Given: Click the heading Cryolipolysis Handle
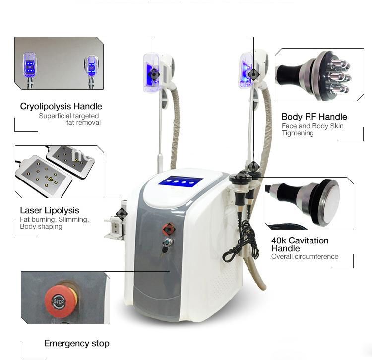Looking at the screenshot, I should pos(61,106).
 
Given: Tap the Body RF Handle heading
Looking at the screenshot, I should pos(314,117).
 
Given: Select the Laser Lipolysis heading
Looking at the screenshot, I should pos(50,210).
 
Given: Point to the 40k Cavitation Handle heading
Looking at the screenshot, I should pos(300,244).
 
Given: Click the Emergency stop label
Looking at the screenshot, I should pos(76,343).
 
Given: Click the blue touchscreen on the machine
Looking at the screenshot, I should pos(180,182).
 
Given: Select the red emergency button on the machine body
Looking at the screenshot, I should pos(169,229).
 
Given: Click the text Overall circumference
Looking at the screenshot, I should pos(305,257).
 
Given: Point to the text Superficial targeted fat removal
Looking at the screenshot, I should pos(69,119).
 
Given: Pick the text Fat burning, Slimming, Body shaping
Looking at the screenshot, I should pos(54,223).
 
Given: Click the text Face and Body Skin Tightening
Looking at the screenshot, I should pos(312,129).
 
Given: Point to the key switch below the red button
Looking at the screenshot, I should pos(170,242).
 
